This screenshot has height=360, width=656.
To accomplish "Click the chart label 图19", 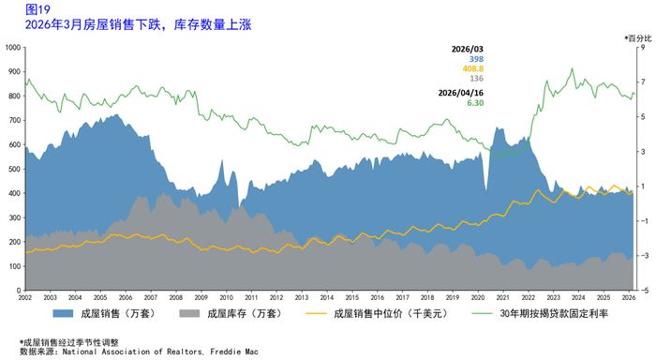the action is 37,9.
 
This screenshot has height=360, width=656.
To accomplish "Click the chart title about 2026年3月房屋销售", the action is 138,24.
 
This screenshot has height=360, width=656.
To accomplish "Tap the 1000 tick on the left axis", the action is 12,47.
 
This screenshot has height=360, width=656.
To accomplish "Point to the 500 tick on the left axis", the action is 15,169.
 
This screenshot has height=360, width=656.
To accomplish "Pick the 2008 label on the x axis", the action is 176,297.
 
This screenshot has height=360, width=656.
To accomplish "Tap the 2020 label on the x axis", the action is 478,297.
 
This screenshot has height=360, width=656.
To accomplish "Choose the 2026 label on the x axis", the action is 629,297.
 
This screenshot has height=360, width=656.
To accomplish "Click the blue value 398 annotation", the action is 476,59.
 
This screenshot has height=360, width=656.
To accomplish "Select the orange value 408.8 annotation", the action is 472,68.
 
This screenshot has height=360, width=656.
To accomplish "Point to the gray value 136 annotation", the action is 476,78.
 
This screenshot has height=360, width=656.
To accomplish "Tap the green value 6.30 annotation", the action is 475,103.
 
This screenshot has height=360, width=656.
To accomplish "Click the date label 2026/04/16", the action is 461,93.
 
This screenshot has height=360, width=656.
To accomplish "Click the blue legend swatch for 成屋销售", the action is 63,313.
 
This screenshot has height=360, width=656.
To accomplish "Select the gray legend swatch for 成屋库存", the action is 189,313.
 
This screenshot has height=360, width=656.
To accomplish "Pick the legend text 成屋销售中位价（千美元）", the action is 391,313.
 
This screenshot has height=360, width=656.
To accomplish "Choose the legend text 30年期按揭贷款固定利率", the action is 554,313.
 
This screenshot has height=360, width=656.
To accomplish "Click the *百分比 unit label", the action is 638,38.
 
